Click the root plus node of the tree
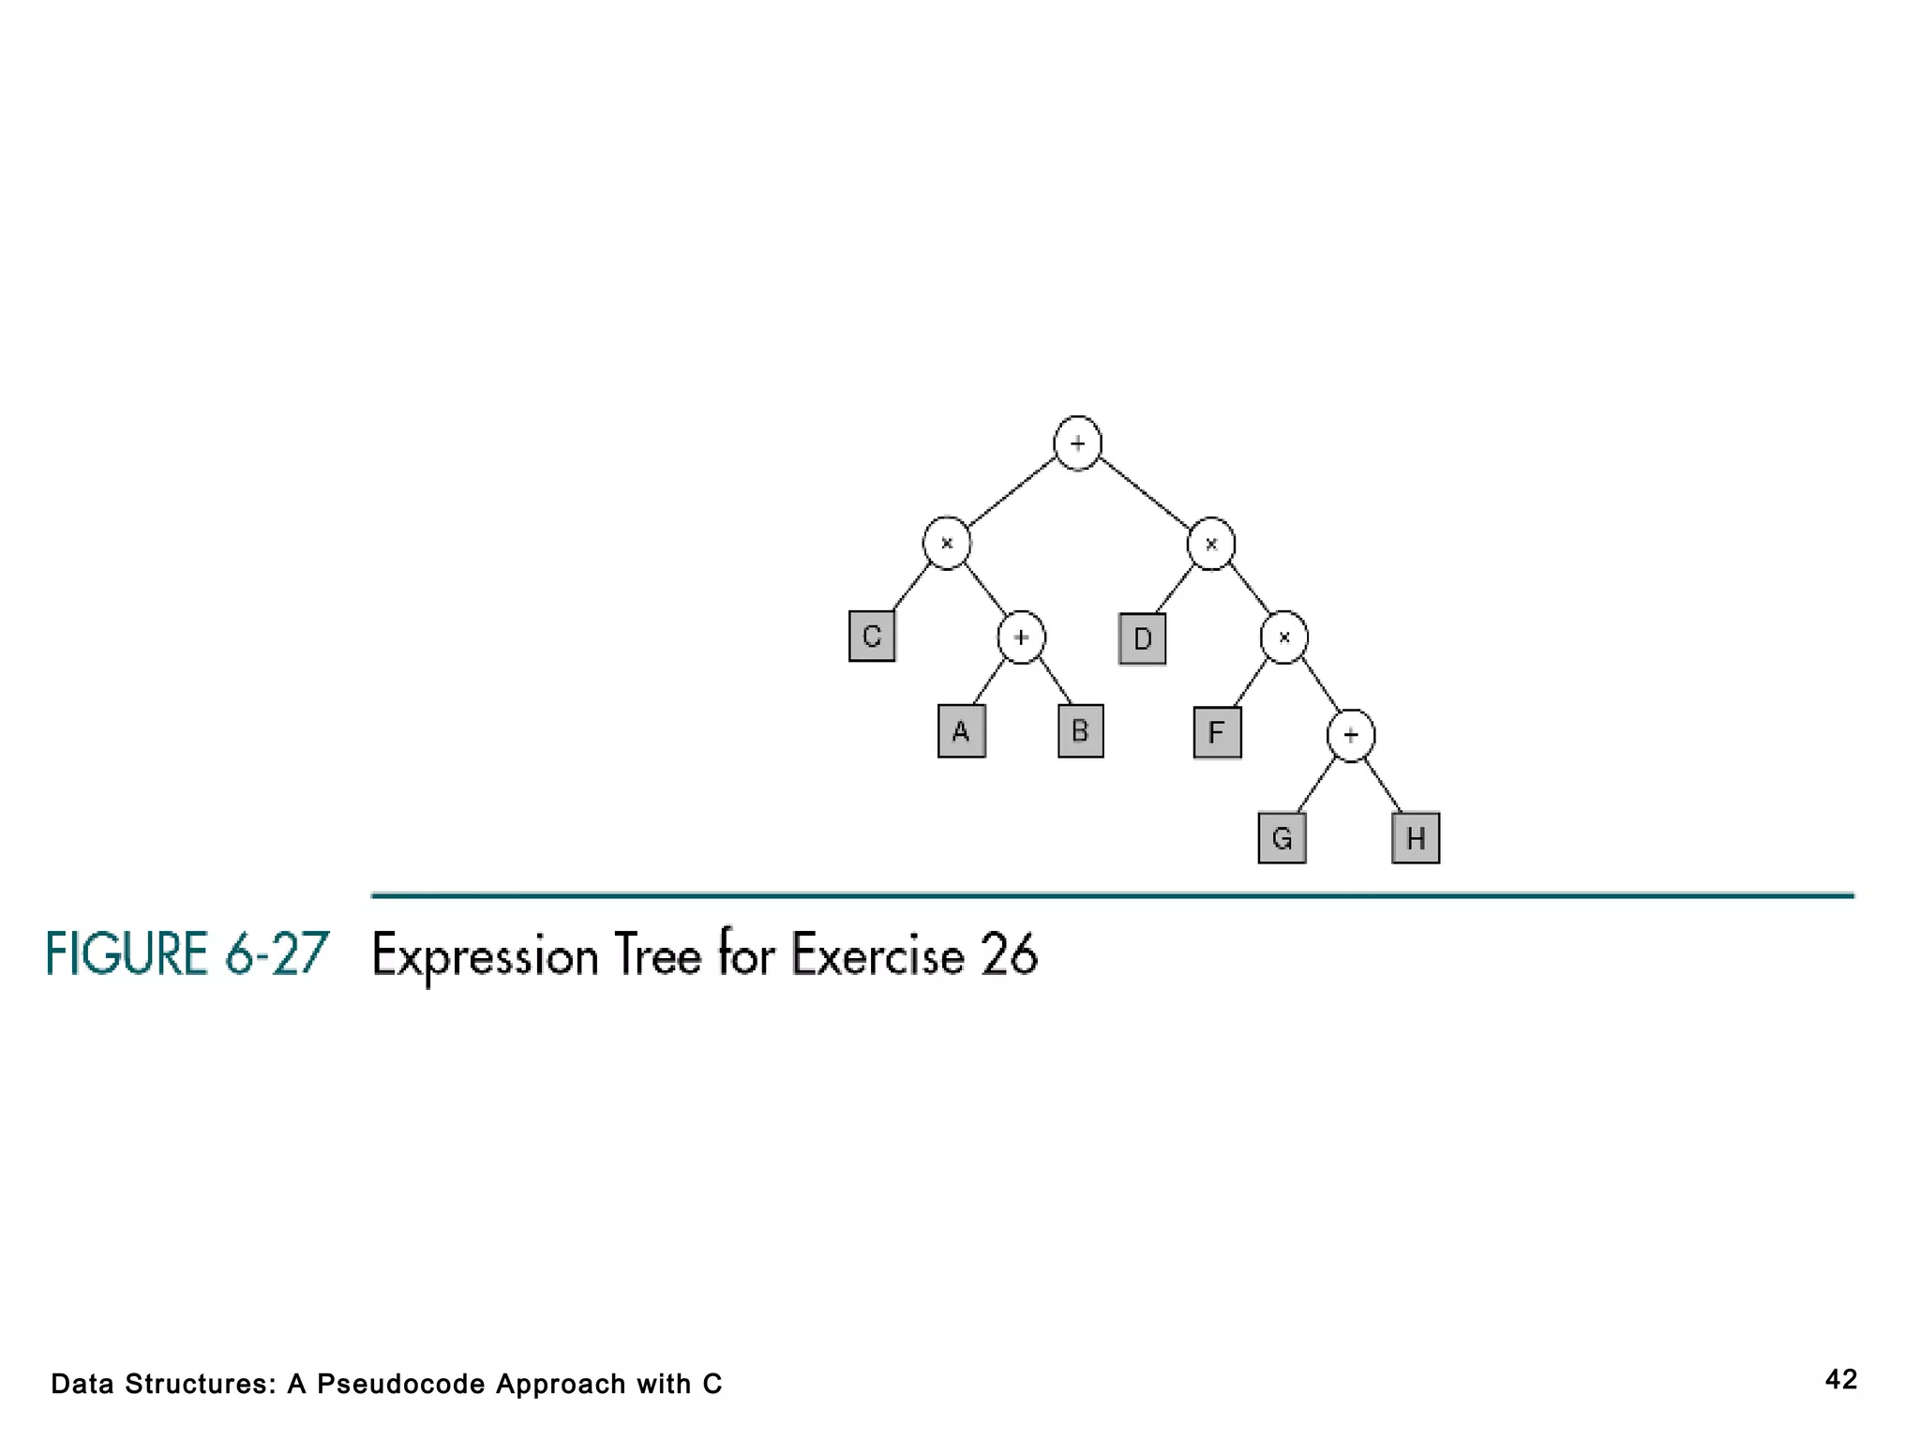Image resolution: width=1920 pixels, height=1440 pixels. (1077, 443)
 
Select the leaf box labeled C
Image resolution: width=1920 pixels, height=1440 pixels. (872, 637)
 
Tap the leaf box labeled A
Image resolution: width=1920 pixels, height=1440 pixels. (961, 731)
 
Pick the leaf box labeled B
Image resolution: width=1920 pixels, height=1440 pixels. (1080, 731)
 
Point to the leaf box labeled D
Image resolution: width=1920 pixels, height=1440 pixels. (1142, 639)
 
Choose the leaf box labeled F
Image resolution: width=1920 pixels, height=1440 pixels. (1217, 732)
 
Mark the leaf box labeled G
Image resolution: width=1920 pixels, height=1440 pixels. (1282, 838)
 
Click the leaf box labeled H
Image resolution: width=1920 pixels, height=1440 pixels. (1416, 838)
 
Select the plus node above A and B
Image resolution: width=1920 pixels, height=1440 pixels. (1021, 637)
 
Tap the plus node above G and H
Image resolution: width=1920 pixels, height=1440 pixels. (1351, 736)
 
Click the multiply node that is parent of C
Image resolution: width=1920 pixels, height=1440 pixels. (947, 543)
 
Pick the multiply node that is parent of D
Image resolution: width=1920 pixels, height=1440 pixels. (1211, 544)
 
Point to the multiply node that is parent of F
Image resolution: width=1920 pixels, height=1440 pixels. (1284, 637)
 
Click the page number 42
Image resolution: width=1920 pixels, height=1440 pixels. (1841, 1379)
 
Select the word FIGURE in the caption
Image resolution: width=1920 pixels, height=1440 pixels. (127, 954)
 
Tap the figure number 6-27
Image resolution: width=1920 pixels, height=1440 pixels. (277, 954)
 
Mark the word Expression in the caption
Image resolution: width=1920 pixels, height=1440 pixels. (485, 956)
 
